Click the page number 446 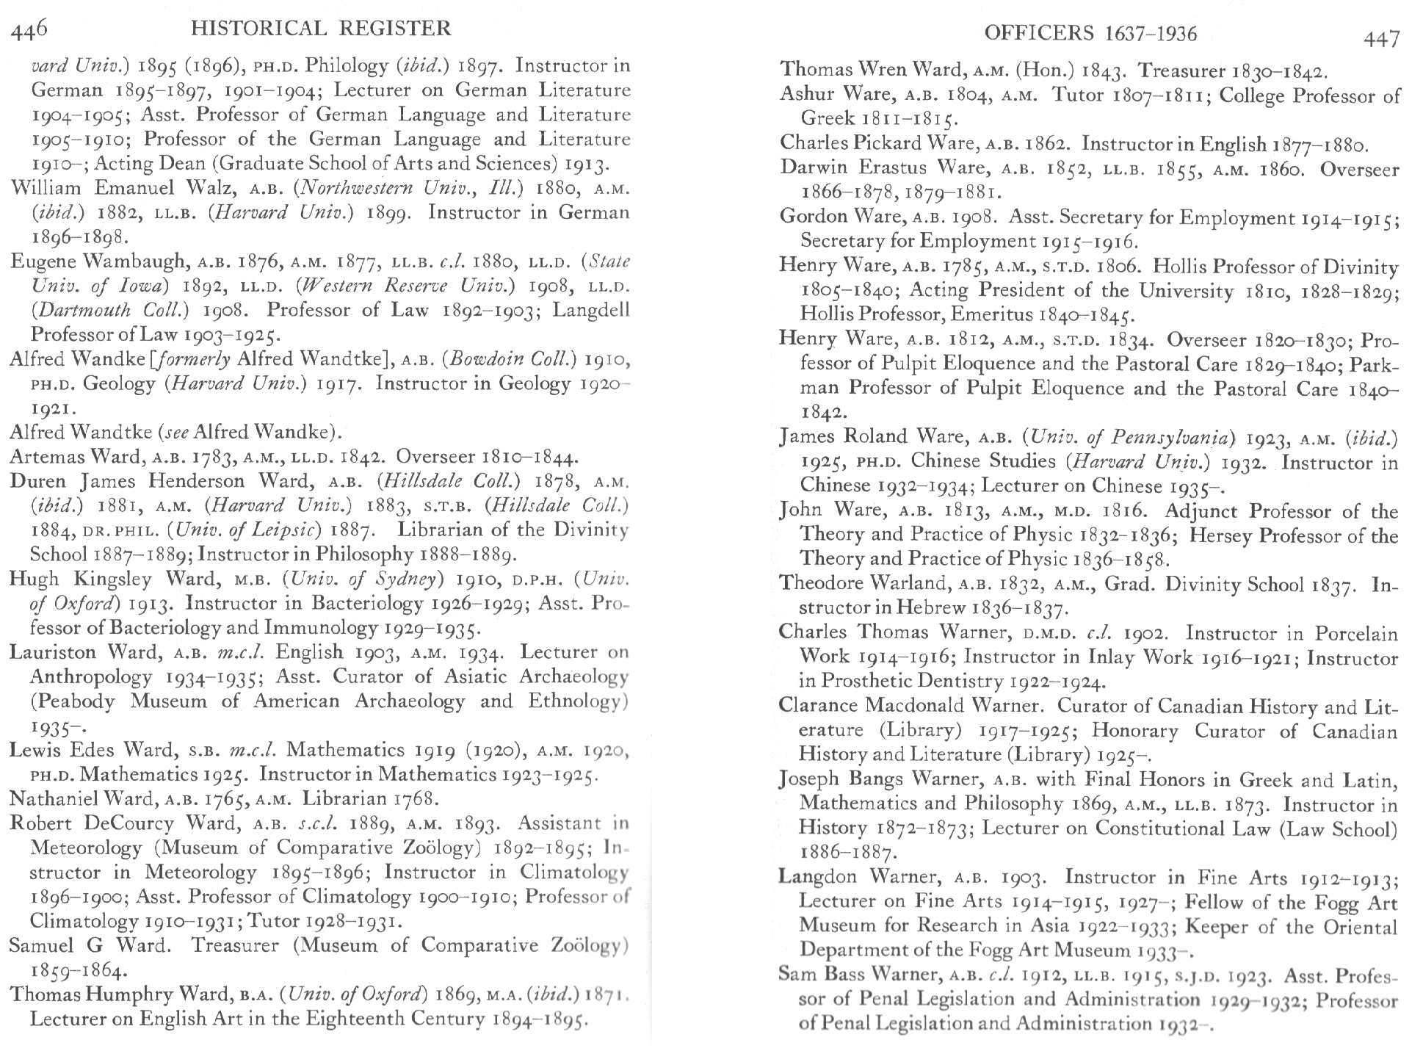29,29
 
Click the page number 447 1381,37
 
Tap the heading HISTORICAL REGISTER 320,29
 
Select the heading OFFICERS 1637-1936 1090,33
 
